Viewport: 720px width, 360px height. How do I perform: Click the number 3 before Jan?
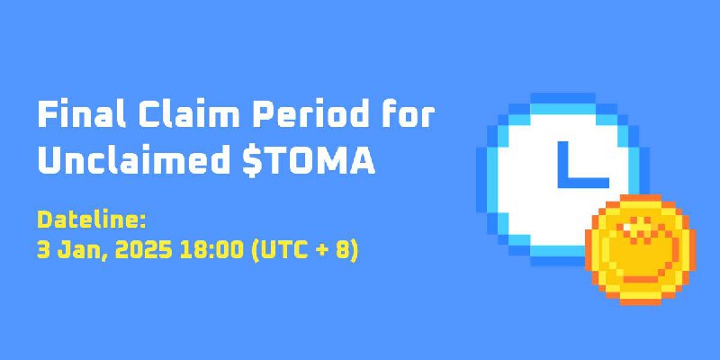pyautogui.click(x=43, y=251)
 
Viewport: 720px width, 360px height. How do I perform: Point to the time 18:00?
pyautogui.click(x=211, y=251)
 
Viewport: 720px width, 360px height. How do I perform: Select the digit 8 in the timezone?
pyautogui.click(x=344, y=251)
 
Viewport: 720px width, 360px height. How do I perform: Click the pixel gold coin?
pyautogui.click(x=640, y=250)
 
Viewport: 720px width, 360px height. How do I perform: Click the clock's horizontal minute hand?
pyautogui.click(x=583, y=183)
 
